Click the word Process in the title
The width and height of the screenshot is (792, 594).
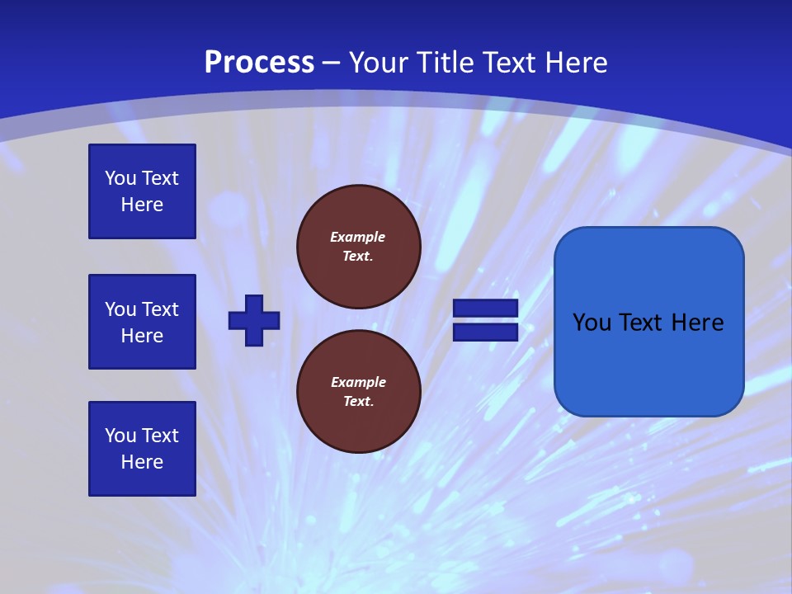click(259, 63)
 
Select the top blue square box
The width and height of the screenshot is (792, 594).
click(142, 191)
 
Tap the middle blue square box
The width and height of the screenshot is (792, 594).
click(142, 322)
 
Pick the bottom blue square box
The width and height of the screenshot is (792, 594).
click(142, 449)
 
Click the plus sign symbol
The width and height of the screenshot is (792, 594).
click(254, 320)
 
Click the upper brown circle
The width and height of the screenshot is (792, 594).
click(359, 247)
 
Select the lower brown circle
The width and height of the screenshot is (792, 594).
click(359, 392)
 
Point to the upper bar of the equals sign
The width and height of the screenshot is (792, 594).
click(485, 309)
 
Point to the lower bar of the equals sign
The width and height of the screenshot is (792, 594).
click(485, 332)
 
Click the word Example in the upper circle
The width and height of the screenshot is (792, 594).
click(358, 237)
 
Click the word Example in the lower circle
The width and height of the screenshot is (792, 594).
click(358, 382)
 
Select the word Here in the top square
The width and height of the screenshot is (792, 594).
click(142, 205)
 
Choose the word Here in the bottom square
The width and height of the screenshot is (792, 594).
click(142, 462)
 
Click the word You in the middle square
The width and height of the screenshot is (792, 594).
click(120, 309)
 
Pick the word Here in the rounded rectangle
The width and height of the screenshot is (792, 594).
click(697, 323)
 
